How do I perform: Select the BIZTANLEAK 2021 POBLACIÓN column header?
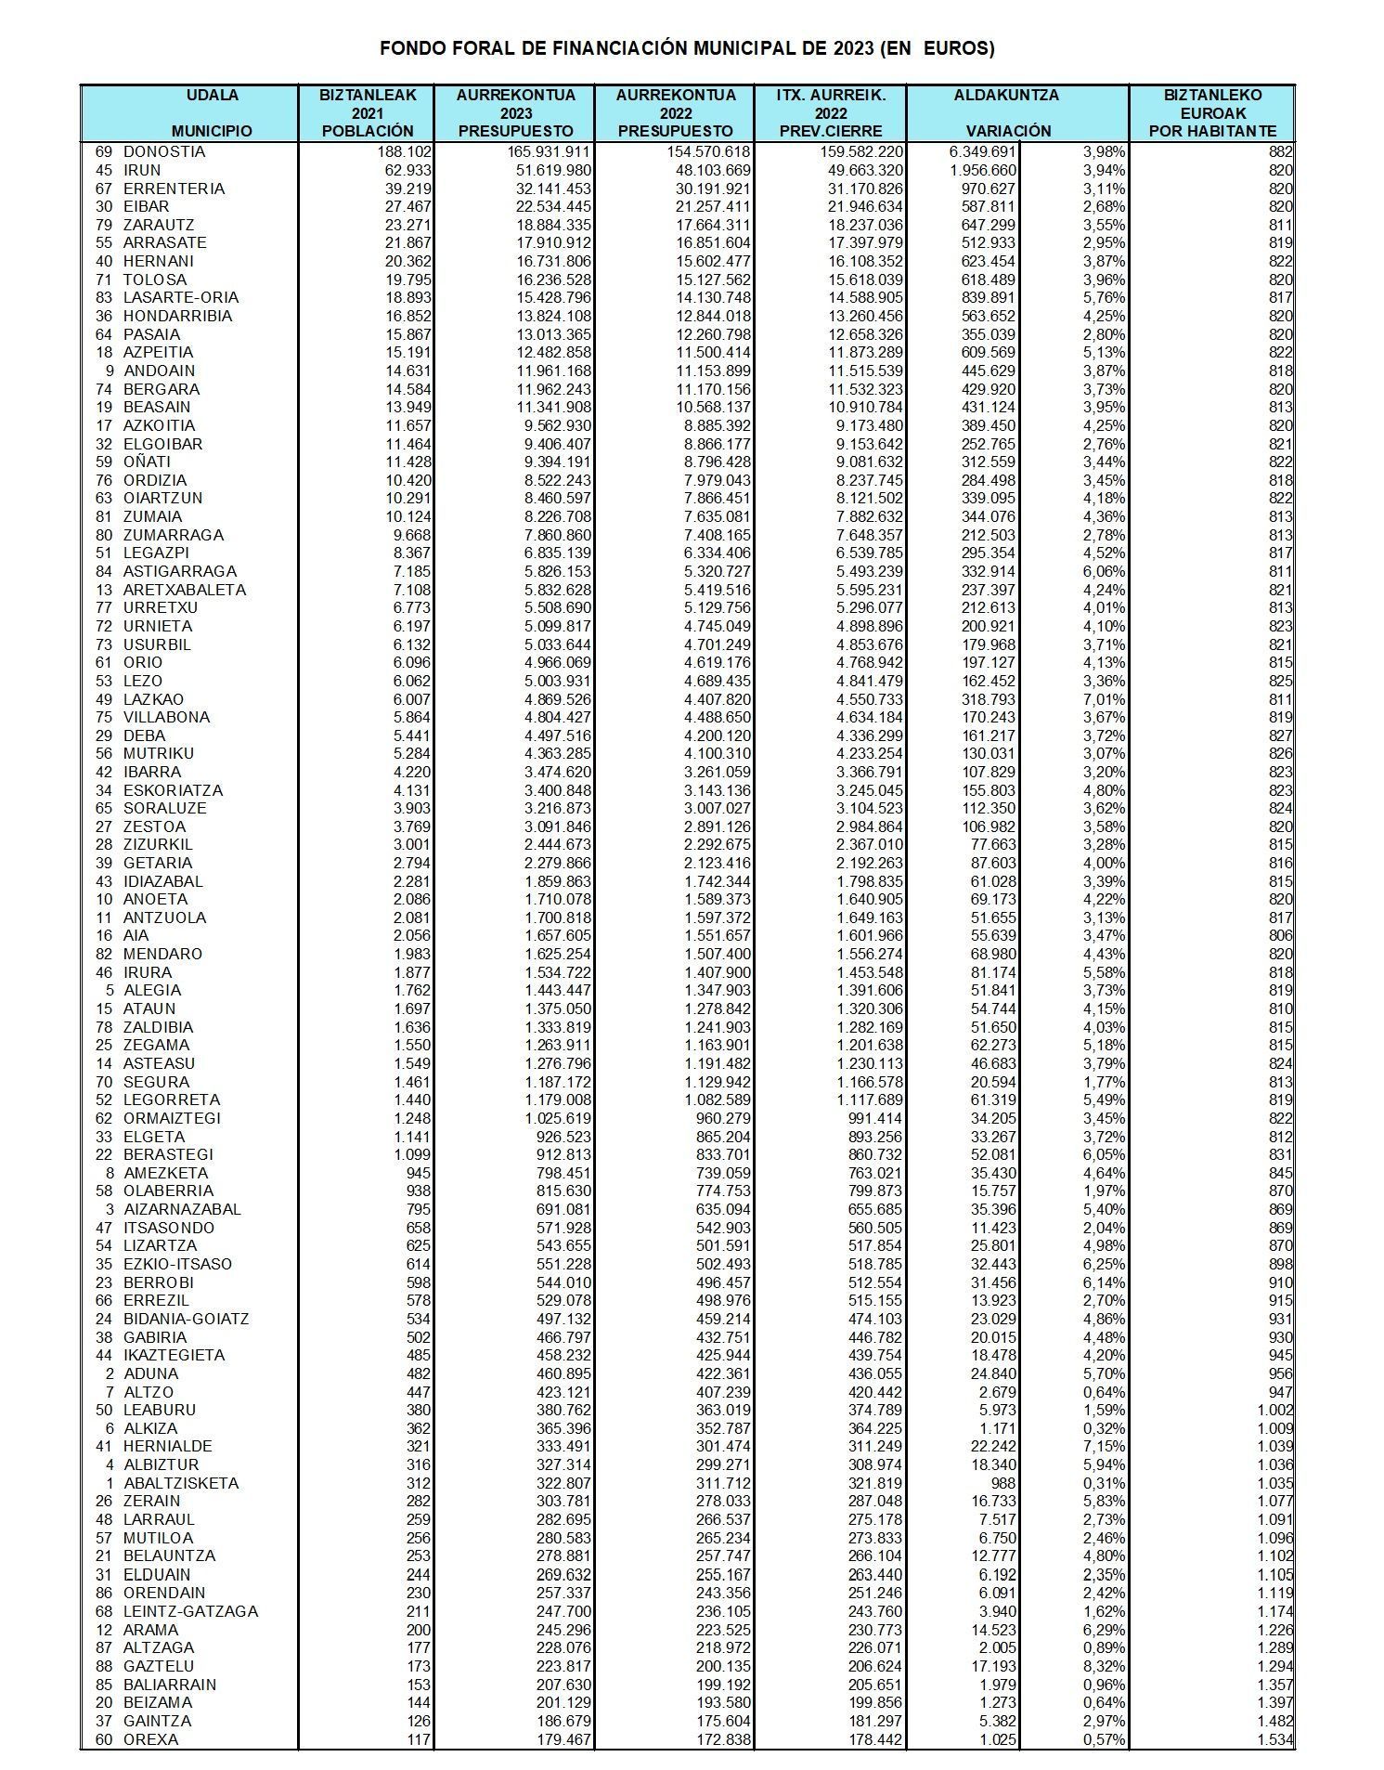coord(367,113)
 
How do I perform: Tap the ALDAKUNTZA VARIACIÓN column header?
coord(1006,113)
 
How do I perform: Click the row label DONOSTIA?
coord(164,151)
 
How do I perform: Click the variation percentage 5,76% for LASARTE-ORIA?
coord(1104,297)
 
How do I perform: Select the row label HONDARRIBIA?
coord(177,316)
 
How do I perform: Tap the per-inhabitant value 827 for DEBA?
coord(1280,735)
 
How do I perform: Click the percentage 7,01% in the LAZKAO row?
coord(1104,698)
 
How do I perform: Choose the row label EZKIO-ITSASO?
coord(177,1264)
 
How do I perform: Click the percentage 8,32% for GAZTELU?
coord(1104,1665)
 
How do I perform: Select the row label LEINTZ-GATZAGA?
coord(190,1610)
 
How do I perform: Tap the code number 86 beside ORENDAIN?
coord(103,1592)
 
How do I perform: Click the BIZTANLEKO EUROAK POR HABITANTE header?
coord(1211,113)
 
